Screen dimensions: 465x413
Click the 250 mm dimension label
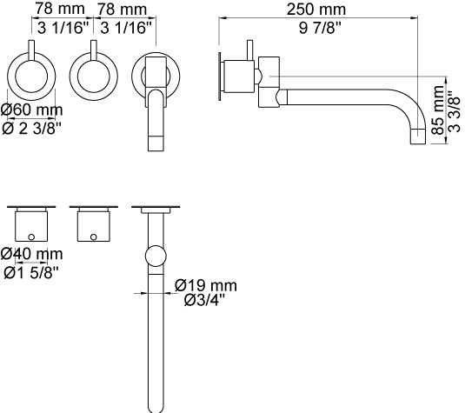(316, 10)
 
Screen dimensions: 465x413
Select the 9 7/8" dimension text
(320, 28)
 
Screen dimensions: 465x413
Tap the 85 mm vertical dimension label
(439, 110)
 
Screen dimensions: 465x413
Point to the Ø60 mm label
(32, 110)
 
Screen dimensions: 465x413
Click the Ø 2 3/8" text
(32, 128)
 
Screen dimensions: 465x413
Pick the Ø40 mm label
(32, 254)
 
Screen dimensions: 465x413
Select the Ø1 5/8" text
(31, 273)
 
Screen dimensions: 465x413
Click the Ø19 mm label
(206, 285)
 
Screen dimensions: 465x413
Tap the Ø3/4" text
(204, 301)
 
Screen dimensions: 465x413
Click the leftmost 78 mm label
(60, 9)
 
